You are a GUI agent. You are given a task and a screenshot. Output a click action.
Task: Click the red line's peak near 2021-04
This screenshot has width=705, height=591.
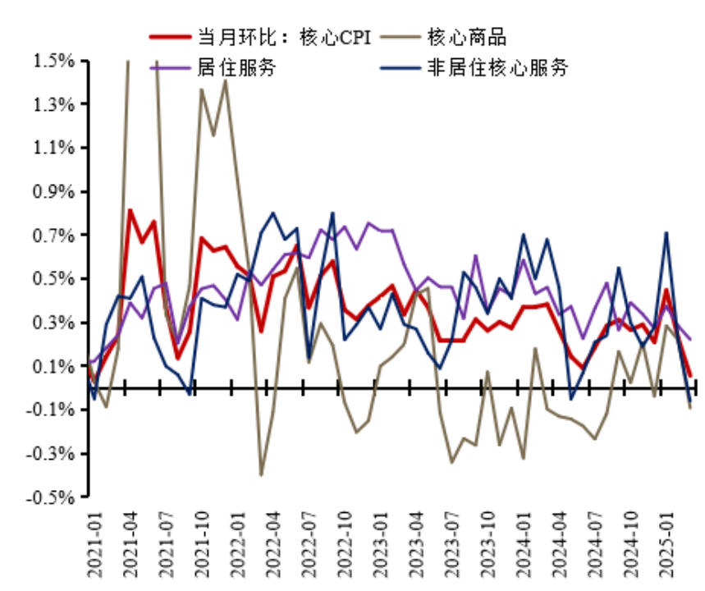pos(130,211)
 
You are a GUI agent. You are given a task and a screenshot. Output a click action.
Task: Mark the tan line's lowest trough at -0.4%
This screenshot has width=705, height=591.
pos(261,474)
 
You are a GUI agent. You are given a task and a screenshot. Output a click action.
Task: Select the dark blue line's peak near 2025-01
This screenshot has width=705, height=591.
pos(666,233)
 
